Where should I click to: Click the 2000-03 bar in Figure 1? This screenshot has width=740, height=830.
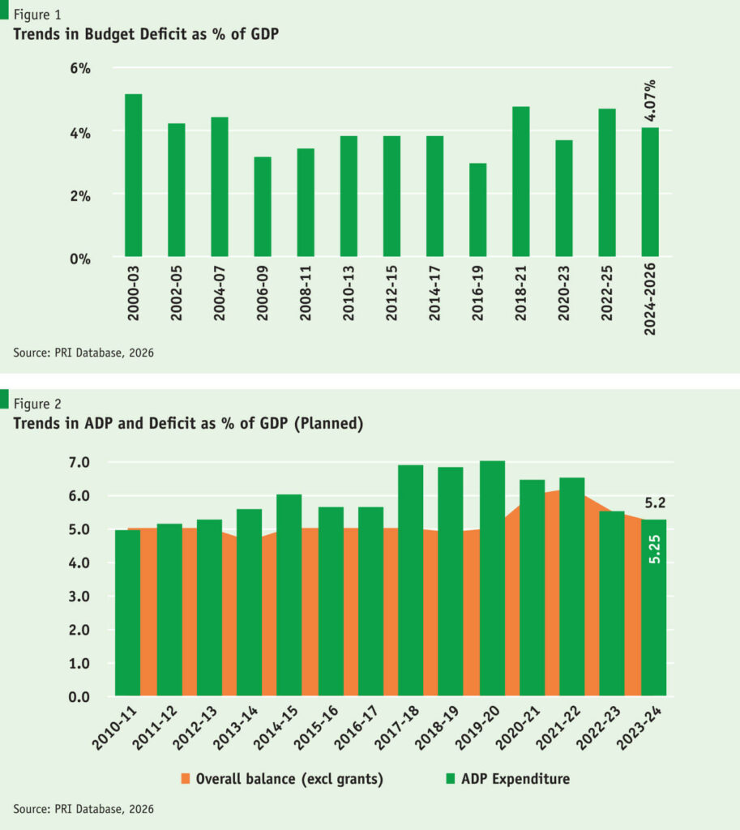pos(133,177)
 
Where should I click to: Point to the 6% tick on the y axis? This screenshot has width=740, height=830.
pos(79,69)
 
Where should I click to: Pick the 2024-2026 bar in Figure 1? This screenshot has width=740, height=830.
pos(650,193)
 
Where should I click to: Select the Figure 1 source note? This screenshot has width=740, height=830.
pos(83,352)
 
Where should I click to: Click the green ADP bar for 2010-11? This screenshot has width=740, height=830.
pos(127,613)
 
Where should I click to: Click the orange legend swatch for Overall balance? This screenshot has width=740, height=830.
pos(185,779)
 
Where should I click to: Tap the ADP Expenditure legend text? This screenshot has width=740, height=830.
pos(515,779)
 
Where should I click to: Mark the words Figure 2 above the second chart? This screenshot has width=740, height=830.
pos(37,403)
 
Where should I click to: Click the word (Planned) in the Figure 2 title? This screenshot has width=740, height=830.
pos(330,423)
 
